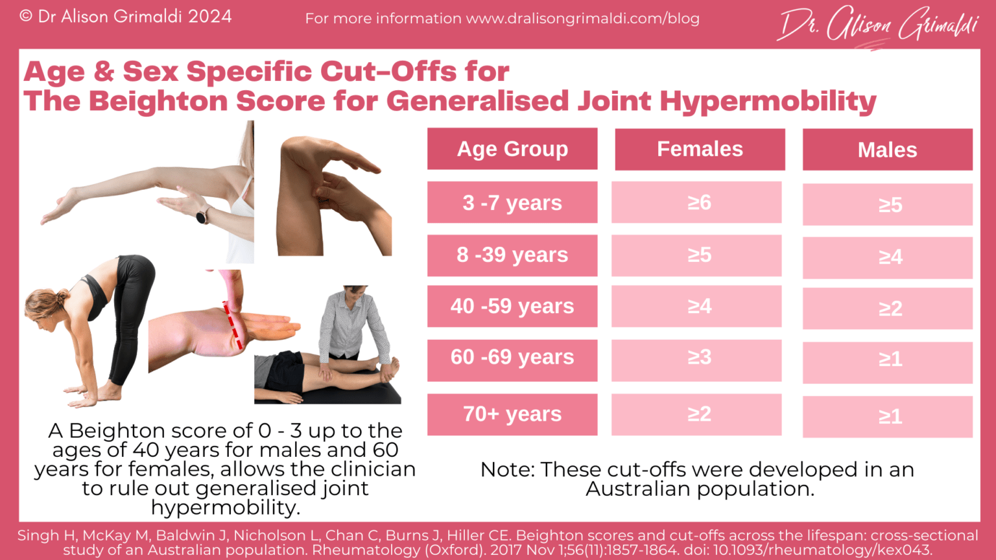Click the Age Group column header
pyautogui.click(x=512, y=149)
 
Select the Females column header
pyautogui.click(x=700, y=149)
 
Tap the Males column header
pyautogui.click(x=887, y=150)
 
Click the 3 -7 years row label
pyautogui.click(x=512, y=203)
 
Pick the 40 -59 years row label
pyautogui.click(x=512, y=306)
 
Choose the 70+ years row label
pyautogui.click(x=512, y=414)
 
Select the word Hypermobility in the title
pyautogui.click(x=768, y=101)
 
